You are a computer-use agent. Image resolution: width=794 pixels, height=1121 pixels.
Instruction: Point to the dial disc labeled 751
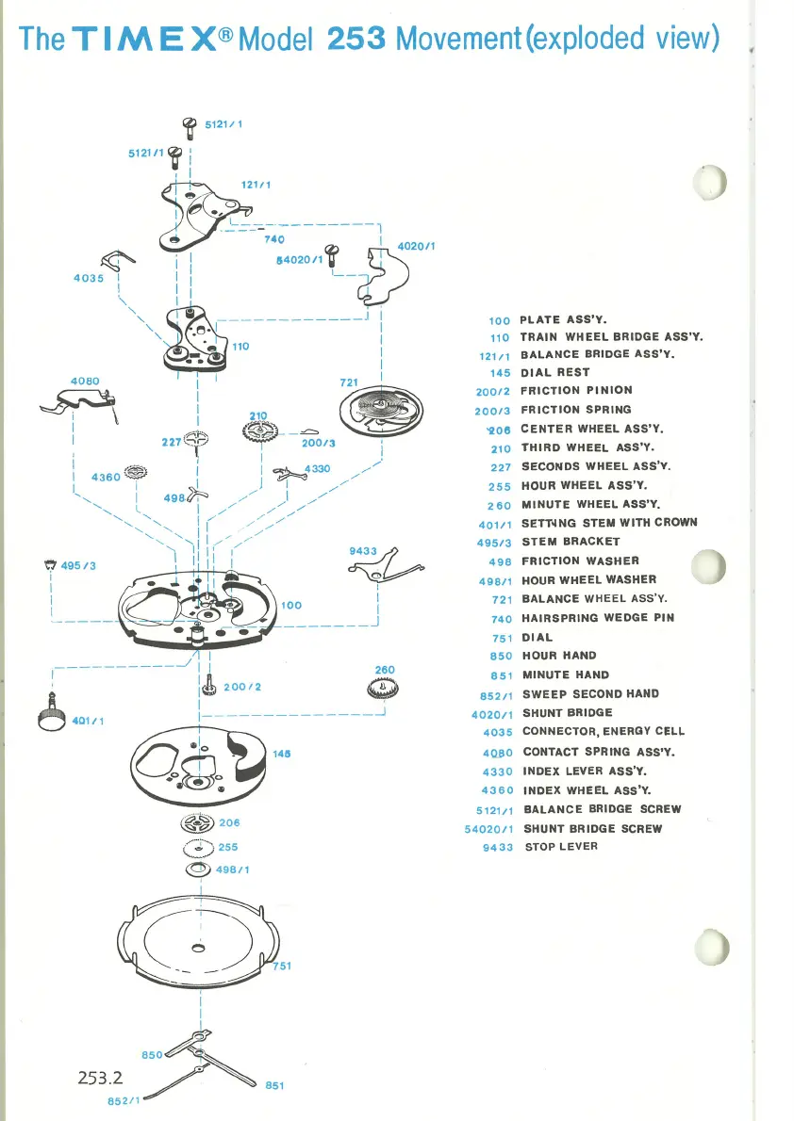pyautogui.click(x=198, y=938)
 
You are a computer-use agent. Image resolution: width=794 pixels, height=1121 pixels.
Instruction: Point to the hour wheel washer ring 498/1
pyautogui.click(x=199, y=869)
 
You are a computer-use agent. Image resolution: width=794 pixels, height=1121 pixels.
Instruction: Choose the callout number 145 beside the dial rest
pyautogui.click(x=281, y=754)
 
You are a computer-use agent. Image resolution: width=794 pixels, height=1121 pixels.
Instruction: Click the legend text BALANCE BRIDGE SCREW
pyautogui.click(x=602, y=809)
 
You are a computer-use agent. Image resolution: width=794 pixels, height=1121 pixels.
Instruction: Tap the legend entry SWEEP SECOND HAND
pyautogui.click(x=590, y=693)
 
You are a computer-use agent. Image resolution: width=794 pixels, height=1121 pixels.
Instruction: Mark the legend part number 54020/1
pyautogui.click(x=488, y=829)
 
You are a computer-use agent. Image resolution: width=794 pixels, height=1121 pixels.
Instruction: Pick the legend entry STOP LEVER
pyautogui.click(x=560, y=846)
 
